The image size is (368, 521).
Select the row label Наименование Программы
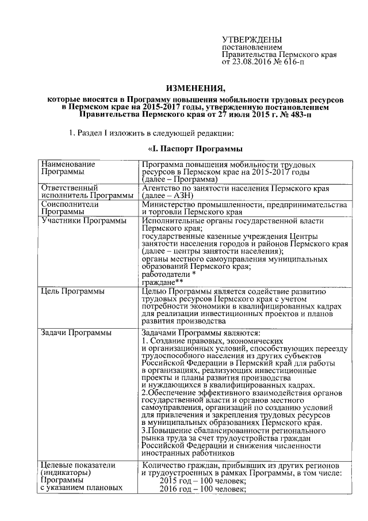tap(68, 168)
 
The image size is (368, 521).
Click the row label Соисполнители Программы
tap(70, 208)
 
